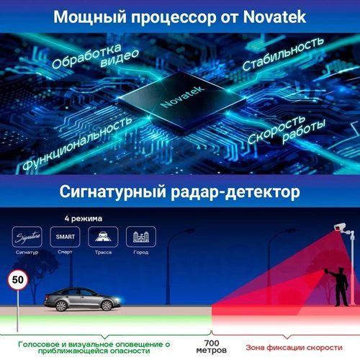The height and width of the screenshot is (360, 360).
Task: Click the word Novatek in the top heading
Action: [274, 17]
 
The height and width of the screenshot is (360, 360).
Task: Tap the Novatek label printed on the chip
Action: [183, 96]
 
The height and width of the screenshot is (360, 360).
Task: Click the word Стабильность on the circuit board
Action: [283, 54]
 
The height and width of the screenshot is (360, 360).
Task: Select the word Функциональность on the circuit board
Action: [77, 143]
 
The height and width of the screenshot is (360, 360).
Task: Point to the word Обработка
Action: [86, 56]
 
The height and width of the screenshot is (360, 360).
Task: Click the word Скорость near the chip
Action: [276, 130]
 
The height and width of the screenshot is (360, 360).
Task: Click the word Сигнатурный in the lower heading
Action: [112, 192]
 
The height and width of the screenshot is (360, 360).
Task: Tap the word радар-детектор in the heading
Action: [235, 192]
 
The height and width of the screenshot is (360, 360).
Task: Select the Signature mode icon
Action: [27, 237]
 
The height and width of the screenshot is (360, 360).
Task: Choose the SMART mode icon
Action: [65, 237]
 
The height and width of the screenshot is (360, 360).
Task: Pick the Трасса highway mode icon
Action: [103, 237]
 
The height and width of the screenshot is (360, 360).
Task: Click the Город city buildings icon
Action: [141, 237]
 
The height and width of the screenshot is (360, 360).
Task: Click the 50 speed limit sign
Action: [18, 280]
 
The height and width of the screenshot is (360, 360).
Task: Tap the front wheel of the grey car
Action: [107, 305]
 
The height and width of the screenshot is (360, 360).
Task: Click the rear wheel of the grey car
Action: [61, 306]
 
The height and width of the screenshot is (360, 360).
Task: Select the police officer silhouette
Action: [338, 287]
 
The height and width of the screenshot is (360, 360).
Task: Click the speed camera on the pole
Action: [341, 228]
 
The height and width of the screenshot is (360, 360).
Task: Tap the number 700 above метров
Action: [212, 343]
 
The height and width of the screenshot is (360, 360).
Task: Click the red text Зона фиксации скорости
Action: [294, 348]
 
